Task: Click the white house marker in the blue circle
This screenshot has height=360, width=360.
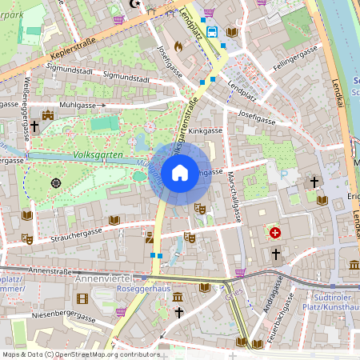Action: coord(179,172)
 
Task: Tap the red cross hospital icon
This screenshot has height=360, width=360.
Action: coord(275,233)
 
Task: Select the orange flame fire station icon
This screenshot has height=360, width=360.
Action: coord(178,46)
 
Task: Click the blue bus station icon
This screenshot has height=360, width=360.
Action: coord(212,32)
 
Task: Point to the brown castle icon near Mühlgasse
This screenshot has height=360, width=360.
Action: coord(48,114)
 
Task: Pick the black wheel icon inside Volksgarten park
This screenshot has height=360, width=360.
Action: coord(56,182)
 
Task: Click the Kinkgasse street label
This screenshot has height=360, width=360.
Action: coord(205,129)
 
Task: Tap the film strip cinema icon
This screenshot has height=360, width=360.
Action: coord(82,298)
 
